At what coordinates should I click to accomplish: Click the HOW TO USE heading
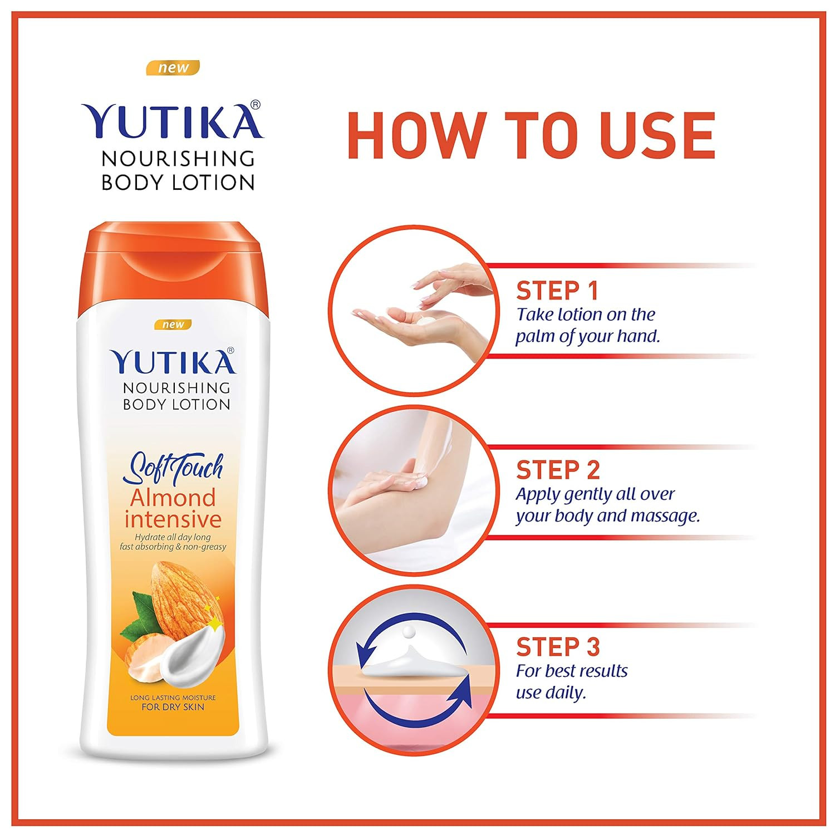[x=531, y=135]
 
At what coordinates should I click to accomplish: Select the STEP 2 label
[x=558, y=470]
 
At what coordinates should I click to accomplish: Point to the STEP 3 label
[x=558, y=647]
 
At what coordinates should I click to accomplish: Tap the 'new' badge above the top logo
[x=173, y=68]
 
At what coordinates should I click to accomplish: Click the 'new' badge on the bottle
[x=173, y=325]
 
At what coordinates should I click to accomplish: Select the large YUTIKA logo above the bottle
[x=173, y=119]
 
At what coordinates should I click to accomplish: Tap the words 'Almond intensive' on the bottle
[x=173, y=508]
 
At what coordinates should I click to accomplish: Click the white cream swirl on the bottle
[x=192, y=655]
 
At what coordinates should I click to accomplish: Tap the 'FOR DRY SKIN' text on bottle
[x=173, y=707]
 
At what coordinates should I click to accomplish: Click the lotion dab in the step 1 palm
[x=425, y=321]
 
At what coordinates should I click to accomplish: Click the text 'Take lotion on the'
[x=586, y=315]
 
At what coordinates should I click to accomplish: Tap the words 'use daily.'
[x=551, y=694]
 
